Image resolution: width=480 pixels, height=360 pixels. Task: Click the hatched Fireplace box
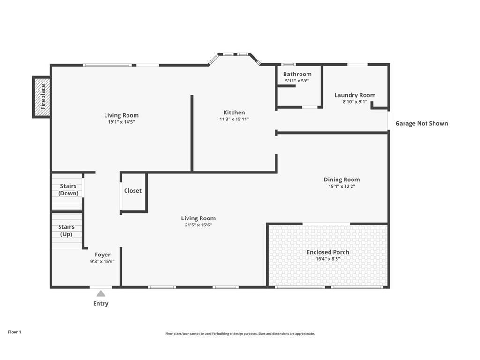point(42,97)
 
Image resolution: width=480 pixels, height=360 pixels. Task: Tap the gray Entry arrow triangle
point(101,293)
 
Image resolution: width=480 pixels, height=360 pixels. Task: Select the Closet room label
point(133,191)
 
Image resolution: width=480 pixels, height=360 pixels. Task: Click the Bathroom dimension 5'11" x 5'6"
point(297,81)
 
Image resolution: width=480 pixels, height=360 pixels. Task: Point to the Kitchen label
point(234,112)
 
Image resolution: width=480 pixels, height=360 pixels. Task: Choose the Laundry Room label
point(355,95)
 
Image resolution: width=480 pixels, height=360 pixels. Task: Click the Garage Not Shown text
point(421,123)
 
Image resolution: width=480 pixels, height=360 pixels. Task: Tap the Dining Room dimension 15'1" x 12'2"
point(342,186)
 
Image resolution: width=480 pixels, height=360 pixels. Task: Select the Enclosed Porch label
point(328,252)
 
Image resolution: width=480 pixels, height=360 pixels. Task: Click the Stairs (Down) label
point(68,189)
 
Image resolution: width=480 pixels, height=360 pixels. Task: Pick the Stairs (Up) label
point(66,231)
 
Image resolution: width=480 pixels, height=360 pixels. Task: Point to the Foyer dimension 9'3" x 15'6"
point(103,261)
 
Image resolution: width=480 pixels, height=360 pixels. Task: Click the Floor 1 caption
point(15,332)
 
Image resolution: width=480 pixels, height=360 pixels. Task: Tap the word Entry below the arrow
point(101,303)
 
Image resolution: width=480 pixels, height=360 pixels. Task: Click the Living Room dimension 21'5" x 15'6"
point(198,225)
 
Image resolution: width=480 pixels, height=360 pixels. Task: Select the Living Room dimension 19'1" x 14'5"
point(121,122)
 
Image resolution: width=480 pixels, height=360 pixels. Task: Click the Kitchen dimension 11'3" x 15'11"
point(234,119)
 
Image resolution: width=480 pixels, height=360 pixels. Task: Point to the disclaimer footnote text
point(240,334)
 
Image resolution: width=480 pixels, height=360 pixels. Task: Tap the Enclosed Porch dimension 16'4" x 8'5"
point(328,259)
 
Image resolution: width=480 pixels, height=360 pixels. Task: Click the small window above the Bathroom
point(288,65)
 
